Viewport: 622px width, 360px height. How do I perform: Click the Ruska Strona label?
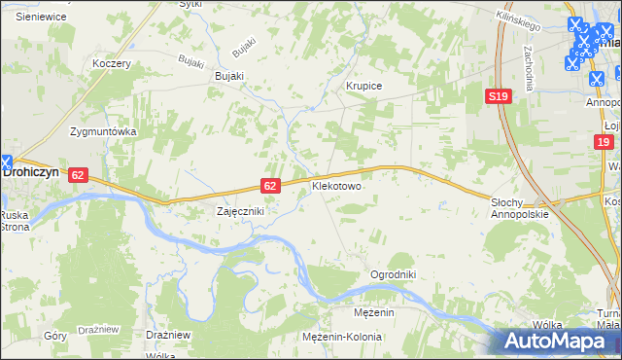pos(15,220)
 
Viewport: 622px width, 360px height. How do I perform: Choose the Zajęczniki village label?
pos(239,210)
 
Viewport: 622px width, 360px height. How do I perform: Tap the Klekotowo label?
pos(336,185)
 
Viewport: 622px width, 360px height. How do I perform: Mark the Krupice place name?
pos(364,86)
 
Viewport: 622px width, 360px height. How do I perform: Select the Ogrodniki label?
pos(393,274)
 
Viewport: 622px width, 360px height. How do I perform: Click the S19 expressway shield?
pos(499,95)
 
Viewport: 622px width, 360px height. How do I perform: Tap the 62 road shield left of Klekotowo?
pos(272,185)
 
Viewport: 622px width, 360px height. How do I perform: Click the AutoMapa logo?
pos(561,341)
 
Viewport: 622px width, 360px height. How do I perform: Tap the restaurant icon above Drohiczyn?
pos(6,163)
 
